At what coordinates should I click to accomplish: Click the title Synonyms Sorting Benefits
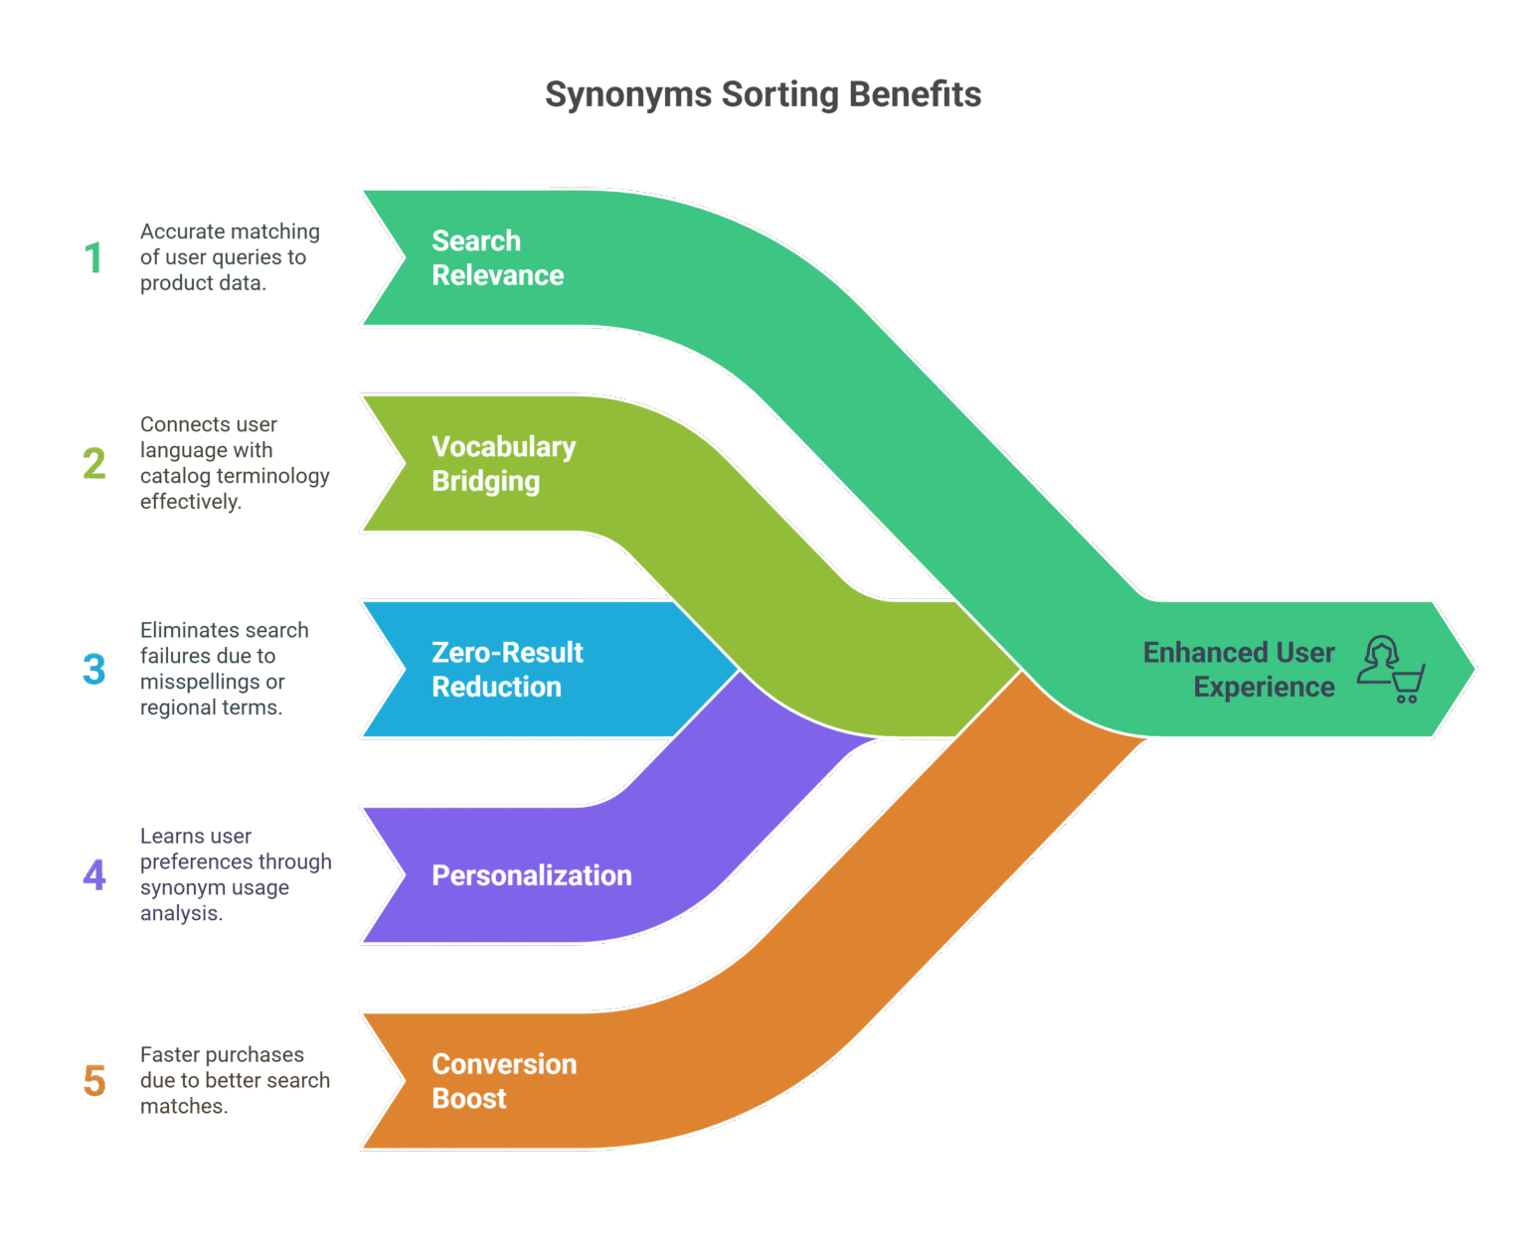click(763, 94)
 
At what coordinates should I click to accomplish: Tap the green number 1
click(93, 257)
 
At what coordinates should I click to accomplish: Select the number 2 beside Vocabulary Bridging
click(94, 463)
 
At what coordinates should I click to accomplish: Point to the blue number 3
click(94, 669)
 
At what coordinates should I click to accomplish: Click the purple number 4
click(94, 874)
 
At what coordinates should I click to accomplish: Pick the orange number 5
click(94, 1080)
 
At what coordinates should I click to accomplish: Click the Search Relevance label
click(497, 258)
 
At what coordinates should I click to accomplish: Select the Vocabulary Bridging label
click(503, 464)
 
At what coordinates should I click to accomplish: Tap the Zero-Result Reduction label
click(507, 670)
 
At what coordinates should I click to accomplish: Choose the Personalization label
click(531, 875)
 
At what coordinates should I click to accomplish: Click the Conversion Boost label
click(503, 1081)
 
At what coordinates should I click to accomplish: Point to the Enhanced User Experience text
click(1239, 670)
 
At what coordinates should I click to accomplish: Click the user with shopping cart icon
click(1391, 669)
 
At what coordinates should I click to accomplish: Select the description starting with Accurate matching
click(230, 257)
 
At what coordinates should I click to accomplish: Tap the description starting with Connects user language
click(234, 463)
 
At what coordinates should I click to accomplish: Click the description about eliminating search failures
click(224, 669)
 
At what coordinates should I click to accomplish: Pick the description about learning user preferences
click(235, 874)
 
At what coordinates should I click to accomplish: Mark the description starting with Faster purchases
click(234, 1080)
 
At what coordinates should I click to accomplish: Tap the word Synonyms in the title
click(628, 94)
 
